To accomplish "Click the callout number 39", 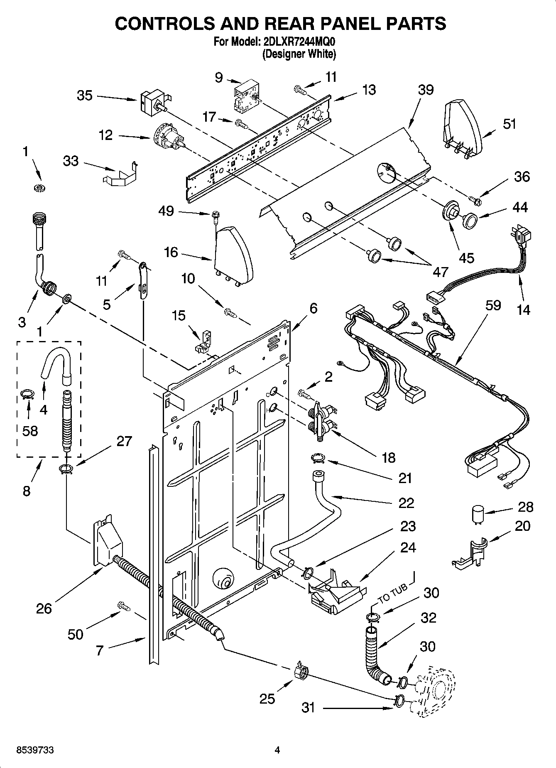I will (426, 90).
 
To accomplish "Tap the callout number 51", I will (509, 124).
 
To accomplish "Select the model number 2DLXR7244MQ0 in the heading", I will (299, 42).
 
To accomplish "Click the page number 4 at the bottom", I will (277, 750).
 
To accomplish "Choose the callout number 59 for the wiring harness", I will (493, 305).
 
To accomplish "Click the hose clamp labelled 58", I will (27, 394).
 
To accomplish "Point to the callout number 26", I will (44, 609).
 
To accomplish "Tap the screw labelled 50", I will (123, 606).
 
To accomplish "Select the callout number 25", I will (267, 699).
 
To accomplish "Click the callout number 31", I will (308, 707).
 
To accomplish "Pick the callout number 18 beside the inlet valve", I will (389, 458).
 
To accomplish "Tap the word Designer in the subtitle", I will (282, 54).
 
